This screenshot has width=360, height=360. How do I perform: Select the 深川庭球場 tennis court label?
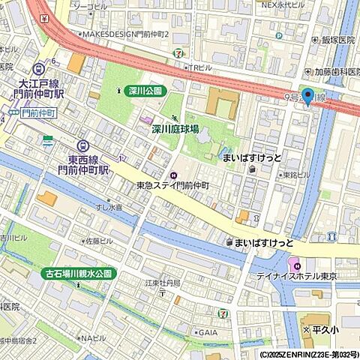click(175, 129)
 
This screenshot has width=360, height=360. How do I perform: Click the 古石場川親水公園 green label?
click(79, 274)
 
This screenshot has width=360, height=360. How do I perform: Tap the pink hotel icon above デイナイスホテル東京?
click(295, 265)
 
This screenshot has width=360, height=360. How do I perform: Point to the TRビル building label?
click(198, 68)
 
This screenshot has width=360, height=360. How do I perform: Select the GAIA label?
click(208, 331)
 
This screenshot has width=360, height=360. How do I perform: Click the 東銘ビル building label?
click(296, 175)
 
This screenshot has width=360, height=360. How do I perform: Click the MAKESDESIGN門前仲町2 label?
click(125, 34)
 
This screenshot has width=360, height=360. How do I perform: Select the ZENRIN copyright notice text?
click(309, 354)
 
